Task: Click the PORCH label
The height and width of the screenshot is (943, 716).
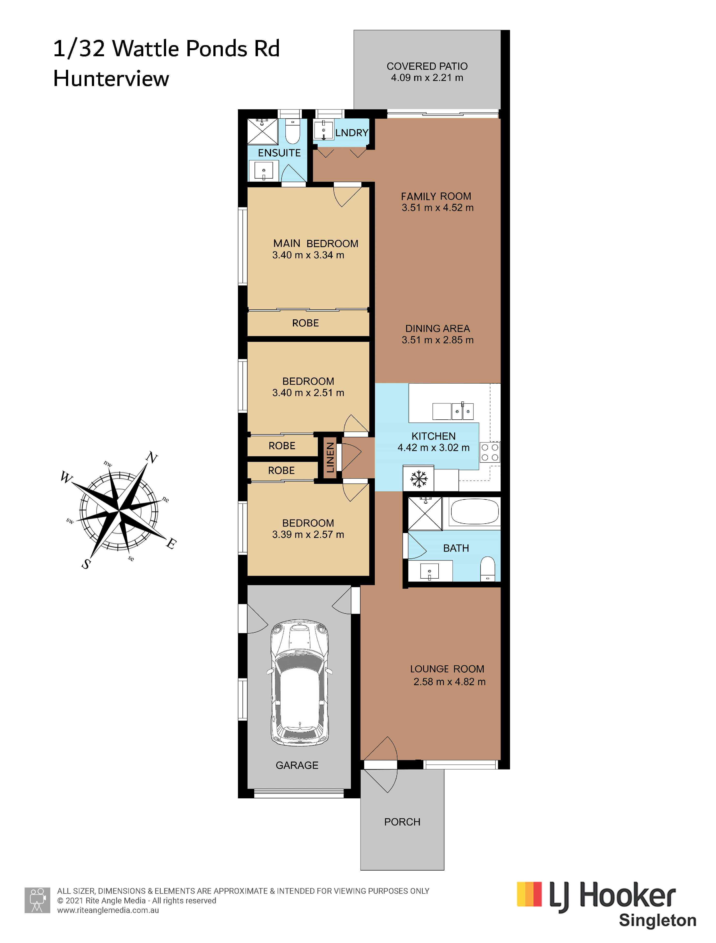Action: click(x=402, y=822)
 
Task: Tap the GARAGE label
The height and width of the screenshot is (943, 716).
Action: click(x=297, y=765)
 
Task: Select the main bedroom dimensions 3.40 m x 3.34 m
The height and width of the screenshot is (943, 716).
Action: click(x=308, y=255)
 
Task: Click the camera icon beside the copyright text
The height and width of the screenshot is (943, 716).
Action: click(x=38, y=900)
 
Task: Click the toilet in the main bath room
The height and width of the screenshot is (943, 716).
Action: click(x=487, y=569)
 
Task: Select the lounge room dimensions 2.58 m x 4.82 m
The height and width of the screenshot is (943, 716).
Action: click(x=449, y=682)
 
